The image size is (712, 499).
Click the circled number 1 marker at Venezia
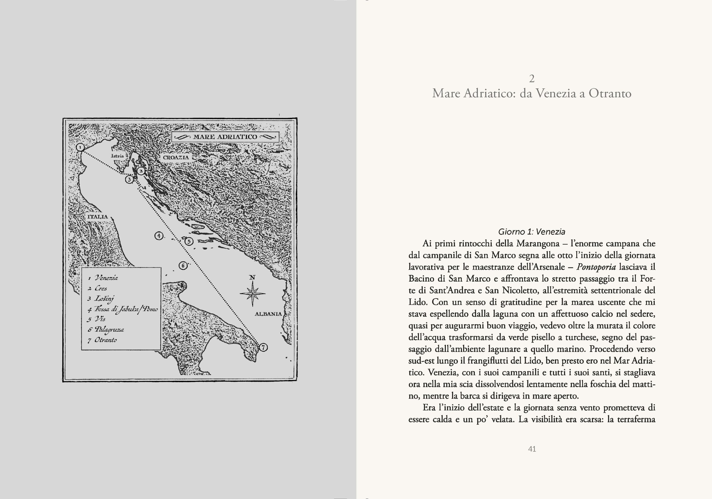point(80,147)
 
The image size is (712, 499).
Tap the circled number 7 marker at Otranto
point(263,347)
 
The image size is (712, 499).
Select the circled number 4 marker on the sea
point(159,236)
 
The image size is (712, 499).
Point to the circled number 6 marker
point(183,265)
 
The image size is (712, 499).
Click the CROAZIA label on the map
point(176,157)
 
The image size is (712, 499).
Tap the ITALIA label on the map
point(98,217)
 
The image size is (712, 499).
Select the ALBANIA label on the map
point(268,314)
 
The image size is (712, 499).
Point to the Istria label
point(117,156)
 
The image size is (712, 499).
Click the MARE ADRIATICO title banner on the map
point(225,137)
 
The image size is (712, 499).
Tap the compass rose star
point(253,293)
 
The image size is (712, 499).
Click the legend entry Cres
point(101,288)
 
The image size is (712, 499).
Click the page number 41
point(532,449)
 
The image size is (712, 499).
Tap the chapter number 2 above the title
point(532,79)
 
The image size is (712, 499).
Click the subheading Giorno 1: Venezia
point(531,232)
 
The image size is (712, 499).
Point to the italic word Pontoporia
point(596,267)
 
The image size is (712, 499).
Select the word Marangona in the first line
point(538,244)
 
